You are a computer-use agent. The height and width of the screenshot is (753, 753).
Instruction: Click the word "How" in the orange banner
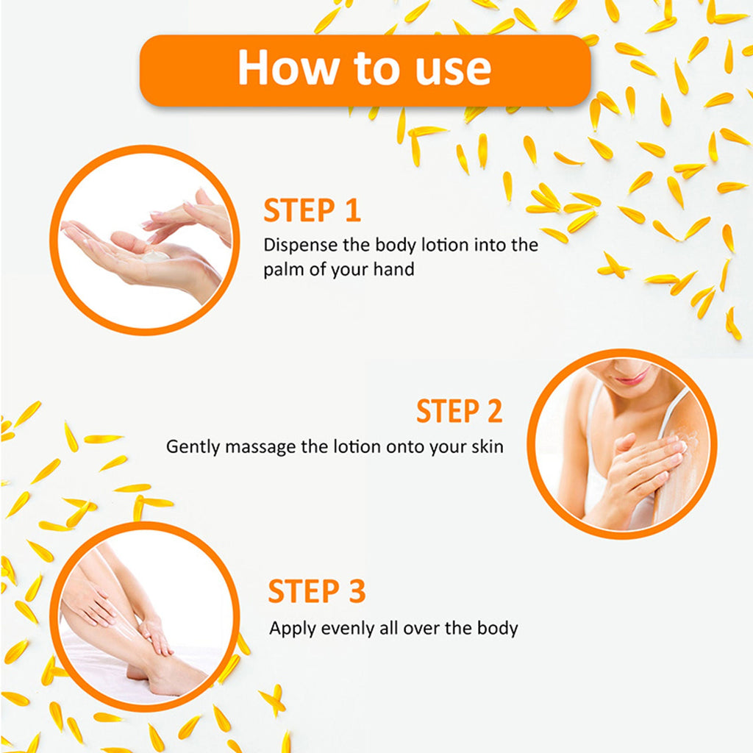point(288,68)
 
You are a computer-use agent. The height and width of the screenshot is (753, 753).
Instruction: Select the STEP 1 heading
point(312,210)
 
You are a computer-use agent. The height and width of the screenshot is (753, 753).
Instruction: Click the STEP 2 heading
point(459,411)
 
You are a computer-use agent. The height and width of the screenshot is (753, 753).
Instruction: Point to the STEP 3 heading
point(317,590)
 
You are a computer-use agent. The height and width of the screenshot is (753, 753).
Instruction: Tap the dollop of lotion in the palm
point(155,255)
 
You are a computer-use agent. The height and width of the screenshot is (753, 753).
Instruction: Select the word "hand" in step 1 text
point(394,269)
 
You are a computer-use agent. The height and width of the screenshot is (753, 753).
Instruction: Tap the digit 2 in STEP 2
point(495,411)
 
